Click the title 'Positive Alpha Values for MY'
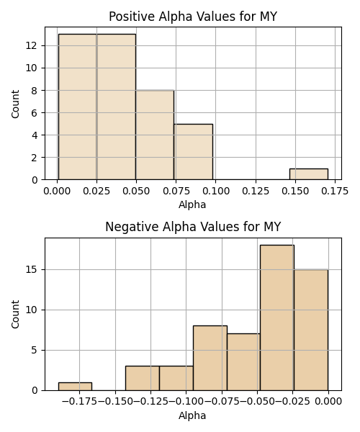pos(193,17)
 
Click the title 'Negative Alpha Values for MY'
pos(193,227)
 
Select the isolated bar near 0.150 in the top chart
pos(308,174)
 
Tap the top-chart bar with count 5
pos(194,152)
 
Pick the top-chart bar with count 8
pos(155,135)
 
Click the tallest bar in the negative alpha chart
pos(277,318)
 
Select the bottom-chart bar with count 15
pos(311,330)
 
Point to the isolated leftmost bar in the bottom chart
pos(75,386)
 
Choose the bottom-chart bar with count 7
pos(243,362)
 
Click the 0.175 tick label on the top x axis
pos(335,191)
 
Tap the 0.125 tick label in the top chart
pos(256,191)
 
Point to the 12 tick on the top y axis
pos(32,45)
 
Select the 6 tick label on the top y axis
pos(34,113)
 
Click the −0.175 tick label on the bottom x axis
pos(80,402)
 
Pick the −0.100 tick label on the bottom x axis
pos(186,402)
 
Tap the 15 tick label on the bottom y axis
pos(32,269)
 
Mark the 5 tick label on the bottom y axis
pos(34,350)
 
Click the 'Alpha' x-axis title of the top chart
pos(192,204)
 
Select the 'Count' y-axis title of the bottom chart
pos(15,314)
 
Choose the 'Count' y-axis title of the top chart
pos(15,104)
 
